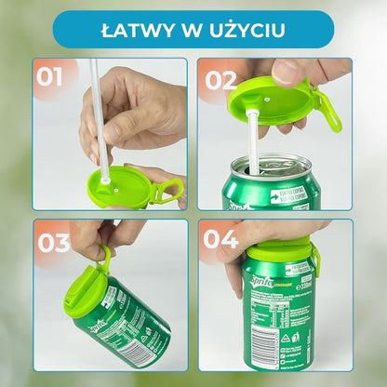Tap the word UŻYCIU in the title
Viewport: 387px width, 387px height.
[248, 29]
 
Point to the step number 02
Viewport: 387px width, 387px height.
[222, 80]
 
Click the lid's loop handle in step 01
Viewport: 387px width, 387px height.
[168, 192]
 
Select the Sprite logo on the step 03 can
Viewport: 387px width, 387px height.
[109, 327]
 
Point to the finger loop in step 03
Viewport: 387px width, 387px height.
[105, 256]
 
